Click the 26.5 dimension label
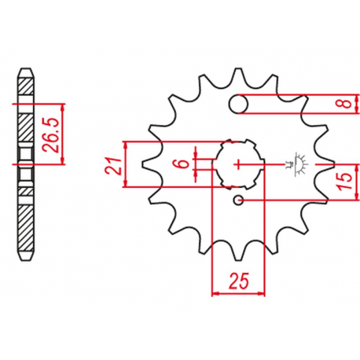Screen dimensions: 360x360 click(x=50, y=134)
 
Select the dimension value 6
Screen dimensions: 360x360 click(x=183, y=164)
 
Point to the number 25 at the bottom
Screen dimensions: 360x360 click(x=239, y=281)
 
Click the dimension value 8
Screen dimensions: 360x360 click(x=347, y=104)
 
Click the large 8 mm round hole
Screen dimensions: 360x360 click(x=238, y=104)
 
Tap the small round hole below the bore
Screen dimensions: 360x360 click(x=238, y=200)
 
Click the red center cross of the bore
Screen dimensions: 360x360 click(x=238, y=165)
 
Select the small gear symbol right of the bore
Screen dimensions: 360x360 click(x=298, y=164)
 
